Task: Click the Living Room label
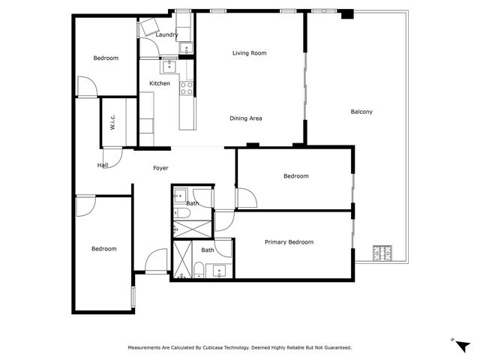coord(249,53)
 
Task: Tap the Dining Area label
coord(246,118)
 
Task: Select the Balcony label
coord(361,112)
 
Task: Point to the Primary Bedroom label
coord(289,242)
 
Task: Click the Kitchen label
coord(160,83)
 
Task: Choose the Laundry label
coord(166,35)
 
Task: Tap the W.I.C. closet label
coord(112,122)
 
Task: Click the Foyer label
coord(160,168)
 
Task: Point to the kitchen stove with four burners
coord(187,88)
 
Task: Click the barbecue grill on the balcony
coord(382,253)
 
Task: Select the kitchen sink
coord(169,67)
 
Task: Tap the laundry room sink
coord(186,48)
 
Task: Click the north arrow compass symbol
coord(461,345)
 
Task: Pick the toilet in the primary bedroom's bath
coord(199,270)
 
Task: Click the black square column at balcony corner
coord(347,14)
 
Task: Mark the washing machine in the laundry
coord(148,27)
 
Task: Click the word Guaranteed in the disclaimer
coord(338,348)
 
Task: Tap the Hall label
coord(103,165)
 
